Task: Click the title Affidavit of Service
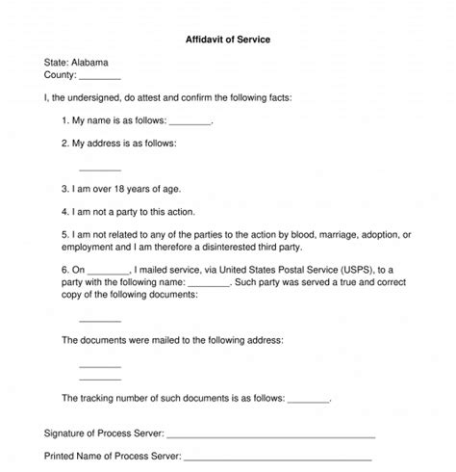(x=227, y=40)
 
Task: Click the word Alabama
(x=91, y=60)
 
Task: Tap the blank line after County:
(x=99, y=76)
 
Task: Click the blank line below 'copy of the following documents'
(x=100, y=319)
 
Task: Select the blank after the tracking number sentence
(x=308, y=397)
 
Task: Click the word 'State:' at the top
(x=56, y=60)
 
